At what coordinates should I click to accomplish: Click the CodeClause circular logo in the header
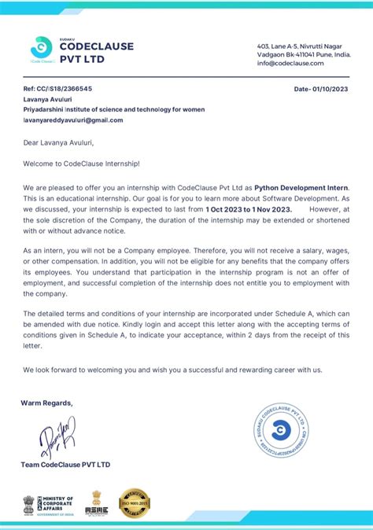(41, 46)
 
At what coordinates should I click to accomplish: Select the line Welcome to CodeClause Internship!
(80, 164)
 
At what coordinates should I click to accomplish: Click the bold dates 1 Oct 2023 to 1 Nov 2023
(249, 210)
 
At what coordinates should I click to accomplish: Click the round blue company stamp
(279, 429)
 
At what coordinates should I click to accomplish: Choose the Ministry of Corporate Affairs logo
(48, 503)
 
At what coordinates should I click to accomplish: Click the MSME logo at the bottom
(97, 502)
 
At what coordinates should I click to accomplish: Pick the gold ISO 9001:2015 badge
(134, 502)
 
